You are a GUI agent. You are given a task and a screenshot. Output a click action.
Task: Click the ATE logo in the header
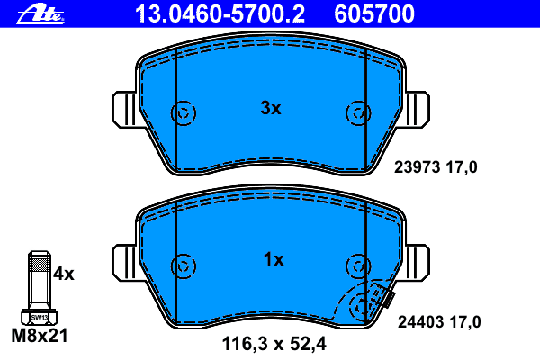coord(40,13)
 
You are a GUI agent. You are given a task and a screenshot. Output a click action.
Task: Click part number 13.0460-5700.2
coord(220,14)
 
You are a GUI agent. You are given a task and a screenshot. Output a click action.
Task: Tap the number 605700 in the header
coord(374,14)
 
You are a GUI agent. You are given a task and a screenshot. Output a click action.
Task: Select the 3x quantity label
coord(271,108)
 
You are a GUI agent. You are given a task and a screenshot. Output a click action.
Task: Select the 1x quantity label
coord(274,259)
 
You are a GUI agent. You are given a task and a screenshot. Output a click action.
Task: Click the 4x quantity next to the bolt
coord(64,274)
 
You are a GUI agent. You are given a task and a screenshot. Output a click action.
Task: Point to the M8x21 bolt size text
coord(40,336)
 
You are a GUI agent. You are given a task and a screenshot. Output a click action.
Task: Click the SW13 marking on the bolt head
coord(40,318)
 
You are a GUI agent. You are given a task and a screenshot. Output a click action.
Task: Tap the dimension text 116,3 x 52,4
coord(274,344)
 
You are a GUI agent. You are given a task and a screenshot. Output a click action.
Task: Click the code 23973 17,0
coord(436,167)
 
